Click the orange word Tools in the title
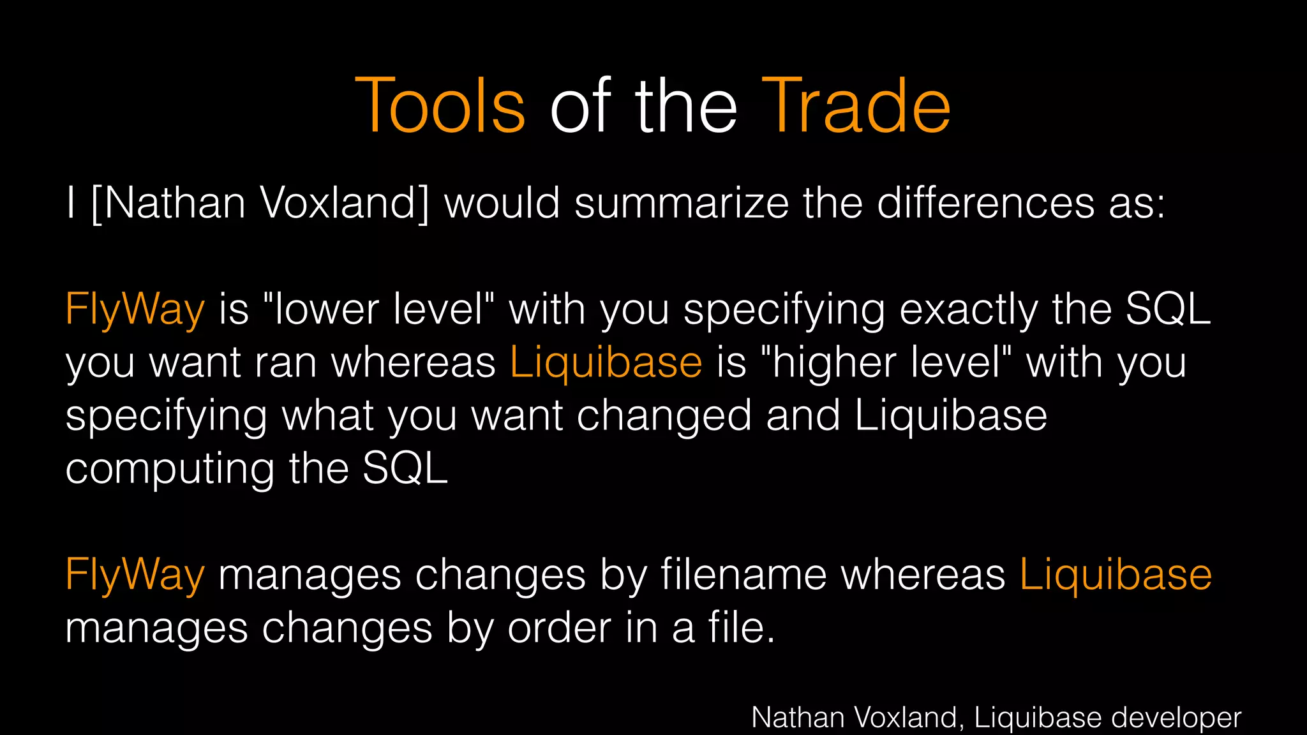tap(440, 106)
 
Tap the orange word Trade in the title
tap(856, 106)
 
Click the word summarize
tap(682, 204)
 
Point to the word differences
tap(985, 204)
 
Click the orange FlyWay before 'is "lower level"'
tap(135, 310)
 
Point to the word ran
tap(286, 363)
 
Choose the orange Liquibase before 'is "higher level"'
tap(606, 363)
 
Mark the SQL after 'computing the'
tap(405, 469)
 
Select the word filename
tap(743, 574)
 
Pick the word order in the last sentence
tap(559, 628)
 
